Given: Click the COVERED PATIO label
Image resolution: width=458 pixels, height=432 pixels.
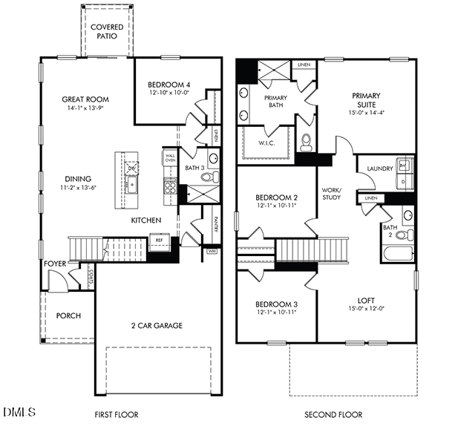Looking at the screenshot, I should point(107,32).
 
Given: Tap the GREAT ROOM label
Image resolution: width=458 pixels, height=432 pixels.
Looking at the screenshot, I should point(85,99).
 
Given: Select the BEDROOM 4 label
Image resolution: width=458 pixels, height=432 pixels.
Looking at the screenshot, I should point(169,85).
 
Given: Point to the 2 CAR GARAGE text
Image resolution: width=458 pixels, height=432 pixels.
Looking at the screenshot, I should point(158,325).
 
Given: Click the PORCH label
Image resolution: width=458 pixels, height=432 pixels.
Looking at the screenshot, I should point(68,315).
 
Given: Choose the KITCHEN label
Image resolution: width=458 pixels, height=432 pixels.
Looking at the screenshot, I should point(147,220).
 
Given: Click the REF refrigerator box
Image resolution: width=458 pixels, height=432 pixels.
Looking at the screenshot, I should point(159,240).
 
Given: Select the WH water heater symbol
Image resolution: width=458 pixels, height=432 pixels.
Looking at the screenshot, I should point(212,251).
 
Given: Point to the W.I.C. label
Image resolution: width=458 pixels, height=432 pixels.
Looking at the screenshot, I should point(268,143).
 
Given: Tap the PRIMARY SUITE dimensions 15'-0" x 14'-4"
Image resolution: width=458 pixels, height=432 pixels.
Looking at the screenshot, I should point(366,114).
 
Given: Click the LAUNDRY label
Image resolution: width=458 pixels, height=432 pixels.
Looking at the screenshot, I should point(379,169).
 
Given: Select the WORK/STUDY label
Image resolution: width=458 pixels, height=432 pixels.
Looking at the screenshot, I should point(330,194).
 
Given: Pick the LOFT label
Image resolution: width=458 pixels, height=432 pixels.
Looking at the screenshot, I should point(366,300).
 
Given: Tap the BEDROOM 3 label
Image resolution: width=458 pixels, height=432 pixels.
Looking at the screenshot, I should point(277,304).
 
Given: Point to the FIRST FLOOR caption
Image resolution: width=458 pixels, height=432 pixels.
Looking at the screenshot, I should point(117,414).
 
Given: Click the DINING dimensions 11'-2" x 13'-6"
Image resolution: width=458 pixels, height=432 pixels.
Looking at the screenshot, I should point(78,188).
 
